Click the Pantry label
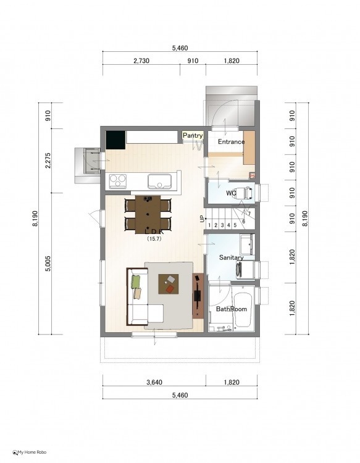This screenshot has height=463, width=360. point(193,136)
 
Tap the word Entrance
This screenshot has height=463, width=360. point(231,142)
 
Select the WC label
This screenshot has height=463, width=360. point(231,193)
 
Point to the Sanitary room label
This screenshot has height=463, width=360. point(231,257)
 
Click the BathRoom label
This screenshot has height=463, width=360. point(231,309)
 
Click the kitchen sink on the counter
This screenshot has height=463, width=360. point(159,181)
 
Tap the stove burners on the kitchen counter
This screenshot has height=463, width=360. point(117,181)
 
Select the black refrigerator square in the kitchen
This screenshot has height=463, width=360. point(115,140)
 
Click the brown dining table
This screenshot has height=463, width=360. point(148,215)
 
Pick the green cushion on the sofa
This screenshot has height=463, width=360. point(136,281)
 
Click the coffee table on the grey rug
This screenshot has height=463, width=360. point(169,284)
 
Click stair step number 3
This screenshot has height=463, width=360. point(222,225)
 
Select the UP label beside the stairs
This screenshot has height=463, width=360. point(203,219)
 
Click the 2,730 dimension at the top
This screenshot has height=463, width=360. point(141,61)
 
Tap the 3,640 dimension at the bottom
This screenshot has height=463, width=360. point(154,382)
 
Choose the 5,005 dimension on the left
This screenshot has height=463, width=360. point(48,264)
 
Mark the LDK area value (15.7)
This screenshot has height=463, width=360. point(154,239)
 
